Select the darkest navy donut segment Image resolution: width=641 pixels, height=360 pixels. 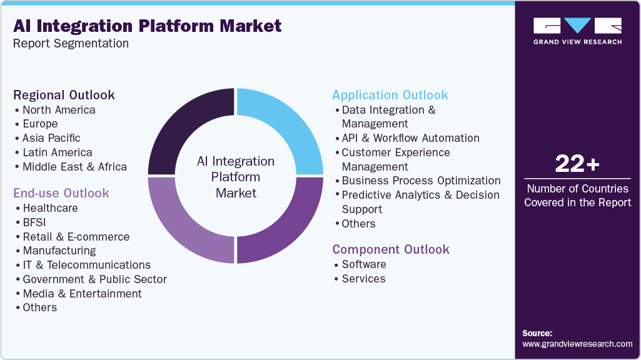pos(188,128)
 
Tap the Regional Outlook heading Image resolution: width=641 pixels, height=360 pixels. pos(64,95)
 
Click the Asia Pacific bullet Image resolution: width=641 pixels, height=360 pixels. pos(51,138)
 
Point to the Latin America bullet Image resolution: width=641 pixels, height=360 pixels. pos(57,152)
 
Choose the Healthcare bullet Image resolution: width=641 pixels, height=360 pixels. pos(50,208)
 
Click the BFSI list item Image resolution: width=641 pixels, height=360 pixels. pos(34,222)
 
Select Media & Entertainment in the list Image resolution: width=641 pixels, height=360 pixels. pos(82,294)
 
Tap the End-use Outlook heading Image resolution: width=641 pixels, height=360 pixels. pos(61,193)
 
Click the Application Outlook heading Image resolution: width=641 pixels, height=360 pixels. pos(390,95)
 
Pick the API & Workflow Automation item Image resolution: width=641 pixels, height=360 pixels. pos(410,138)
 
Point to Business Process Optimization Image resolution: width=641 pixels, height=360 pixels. pos(421,181)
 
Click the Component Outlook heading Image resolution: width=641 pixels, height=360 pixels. pos(391,249)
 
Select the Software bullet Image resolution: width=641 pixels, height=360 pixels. pos(363,264)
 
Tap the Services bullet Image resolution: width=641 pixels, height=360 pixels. pos(363,279)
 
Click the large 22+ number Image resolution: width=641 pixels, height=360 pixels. pos(577,164)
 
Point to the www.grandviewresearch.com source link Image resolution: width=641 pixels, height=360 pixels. pos(577,344)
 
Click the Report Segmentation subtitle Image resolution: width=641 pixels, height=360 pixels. pos(71,44)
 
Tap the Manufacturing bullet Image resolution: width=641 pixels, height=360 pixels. pos(59,251)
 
